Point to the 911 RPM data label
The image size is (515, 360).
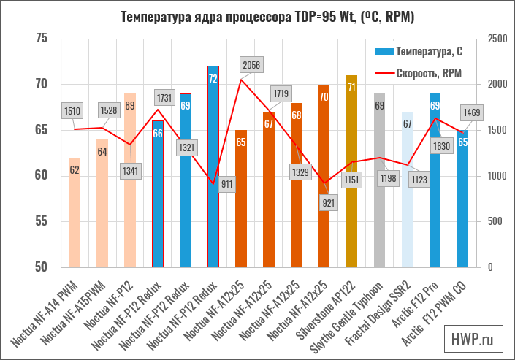click(x=226, y=184)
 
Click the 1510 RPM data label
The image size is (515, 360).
click(x=72, y=111)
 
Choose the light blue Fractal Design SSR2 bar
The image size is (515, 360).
click(x=407, y=189)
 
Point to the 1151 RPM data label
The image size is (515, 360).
click(x=351, y=180)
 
